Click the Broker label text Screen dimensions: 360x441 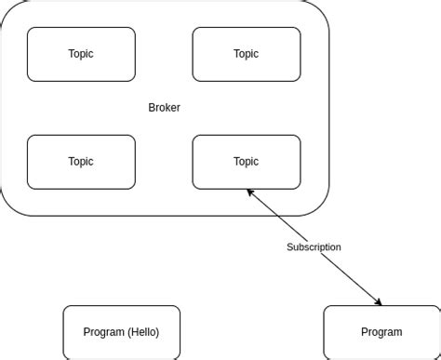coord(164,108)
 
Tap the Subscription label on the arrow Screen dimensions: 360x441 coord(314,247)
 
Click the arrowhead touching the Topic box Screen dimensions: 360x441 coord(249,192)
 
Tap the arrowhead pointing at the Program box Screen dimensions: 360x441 coord(378,301)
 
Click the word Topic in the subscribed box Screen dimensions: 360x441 coord(246,161)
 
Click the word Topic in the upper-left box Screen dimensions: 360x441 coord(81,54)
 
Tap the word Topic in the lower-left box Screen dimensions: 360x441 coord(81,161)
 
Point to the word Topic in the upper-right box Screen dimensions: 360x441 coord(246,54)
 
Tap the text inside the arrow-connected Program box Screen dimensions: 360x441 coord(381,332)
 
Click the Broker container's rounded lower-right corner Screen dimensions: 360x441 coord(320,207)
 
